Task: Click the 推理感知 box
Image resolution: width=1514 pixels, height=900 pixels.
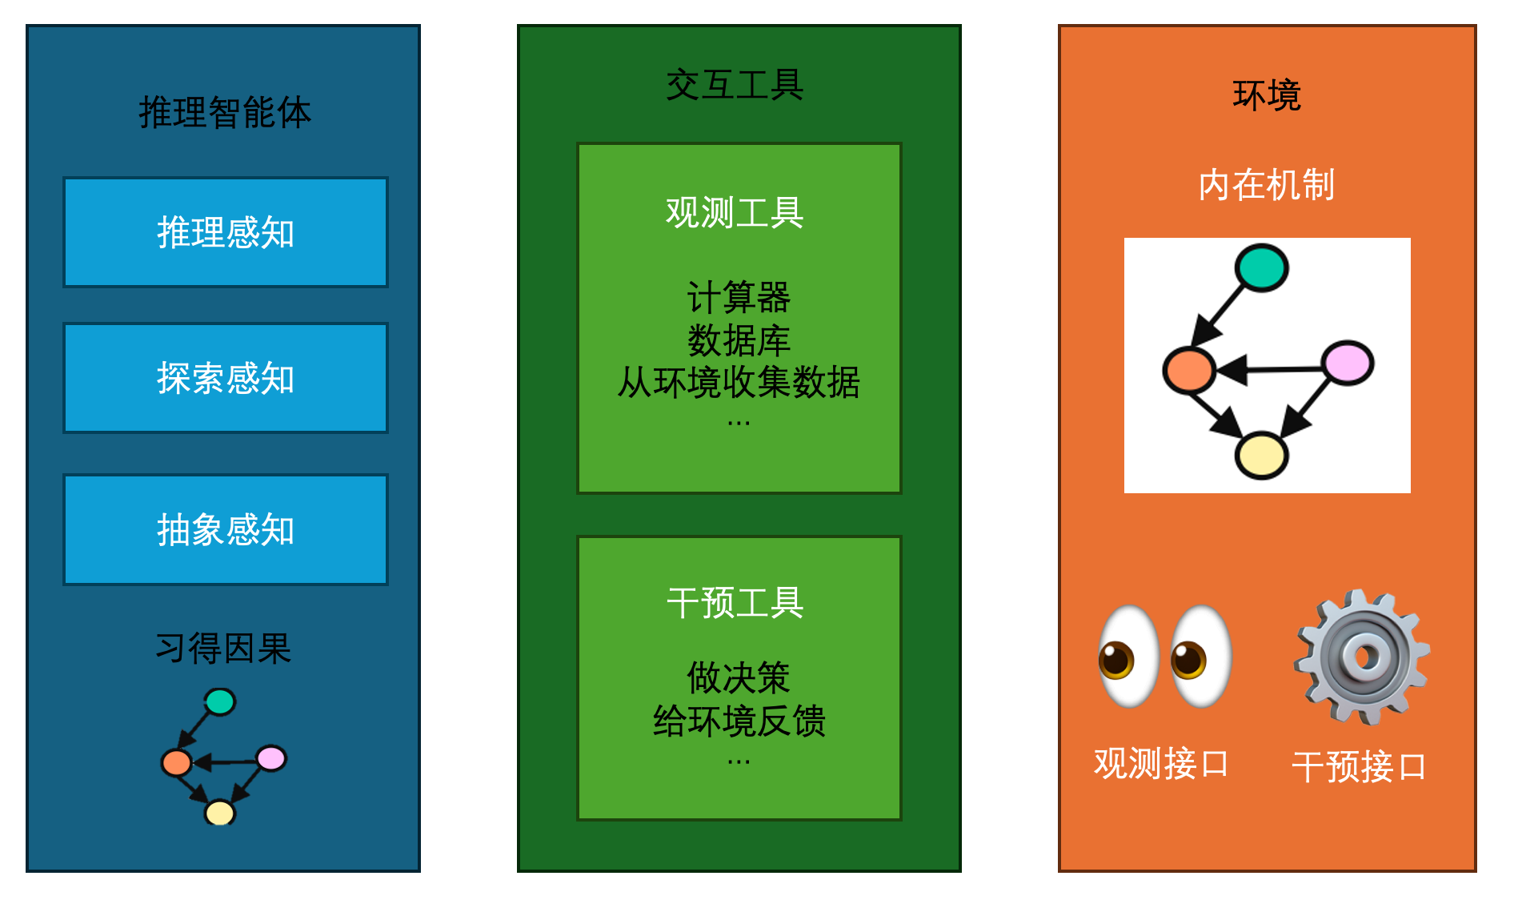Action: point(226,232)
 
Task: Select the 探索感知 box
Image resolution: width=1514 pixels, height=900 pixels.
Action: point(226,378)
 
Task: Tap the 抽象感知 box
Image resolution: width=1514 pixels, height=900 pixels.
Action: point(226,529)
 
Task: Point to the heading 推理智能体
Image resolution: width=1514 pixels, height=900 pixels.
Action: point(225,112)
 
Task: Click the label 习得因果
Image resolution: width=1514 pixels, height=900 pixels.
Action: point(223,648)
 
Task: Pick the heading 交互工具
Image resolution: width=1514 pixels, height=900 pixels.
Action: point(735,85)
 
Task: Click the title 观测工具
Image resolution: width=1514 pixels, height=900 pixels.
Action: point(735,213)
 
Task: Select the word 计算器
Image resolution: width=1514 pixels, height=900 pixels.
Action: point(738,298)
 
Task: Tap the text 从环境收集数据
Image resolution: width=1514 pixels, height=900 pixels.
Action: point(738,382)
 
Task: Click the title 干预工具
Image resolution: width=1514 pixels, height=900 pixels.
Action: point(735,603)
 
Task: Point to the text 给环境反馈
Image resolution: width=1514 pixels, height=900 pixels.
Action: point(738,721)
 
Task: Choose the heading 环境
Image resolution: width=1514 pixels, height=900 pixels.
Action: point(1266,95)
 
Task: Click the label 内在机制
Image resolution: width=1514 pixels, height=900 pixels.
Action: point(1266,185)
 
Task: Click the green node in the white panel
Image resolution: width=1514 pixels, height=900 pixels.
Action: point(1261,267)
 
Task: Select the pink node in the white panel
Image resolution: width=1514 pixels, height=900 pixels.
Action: point(1348,363)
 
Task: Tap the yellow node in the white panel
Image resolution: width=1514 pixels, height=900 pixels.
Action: point(1261,456)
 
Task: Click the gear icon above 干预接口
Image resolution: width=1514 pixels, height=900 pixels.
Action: point(1363,657)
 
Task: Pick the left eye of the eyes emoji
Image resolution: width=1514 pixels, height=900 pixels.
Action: point(1128,657)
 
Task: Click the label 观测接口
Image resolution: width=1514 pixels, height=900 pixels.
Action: point(1161,763)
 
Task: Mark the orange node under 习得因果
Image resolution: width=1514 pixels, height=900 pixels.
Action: point(177,762)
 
